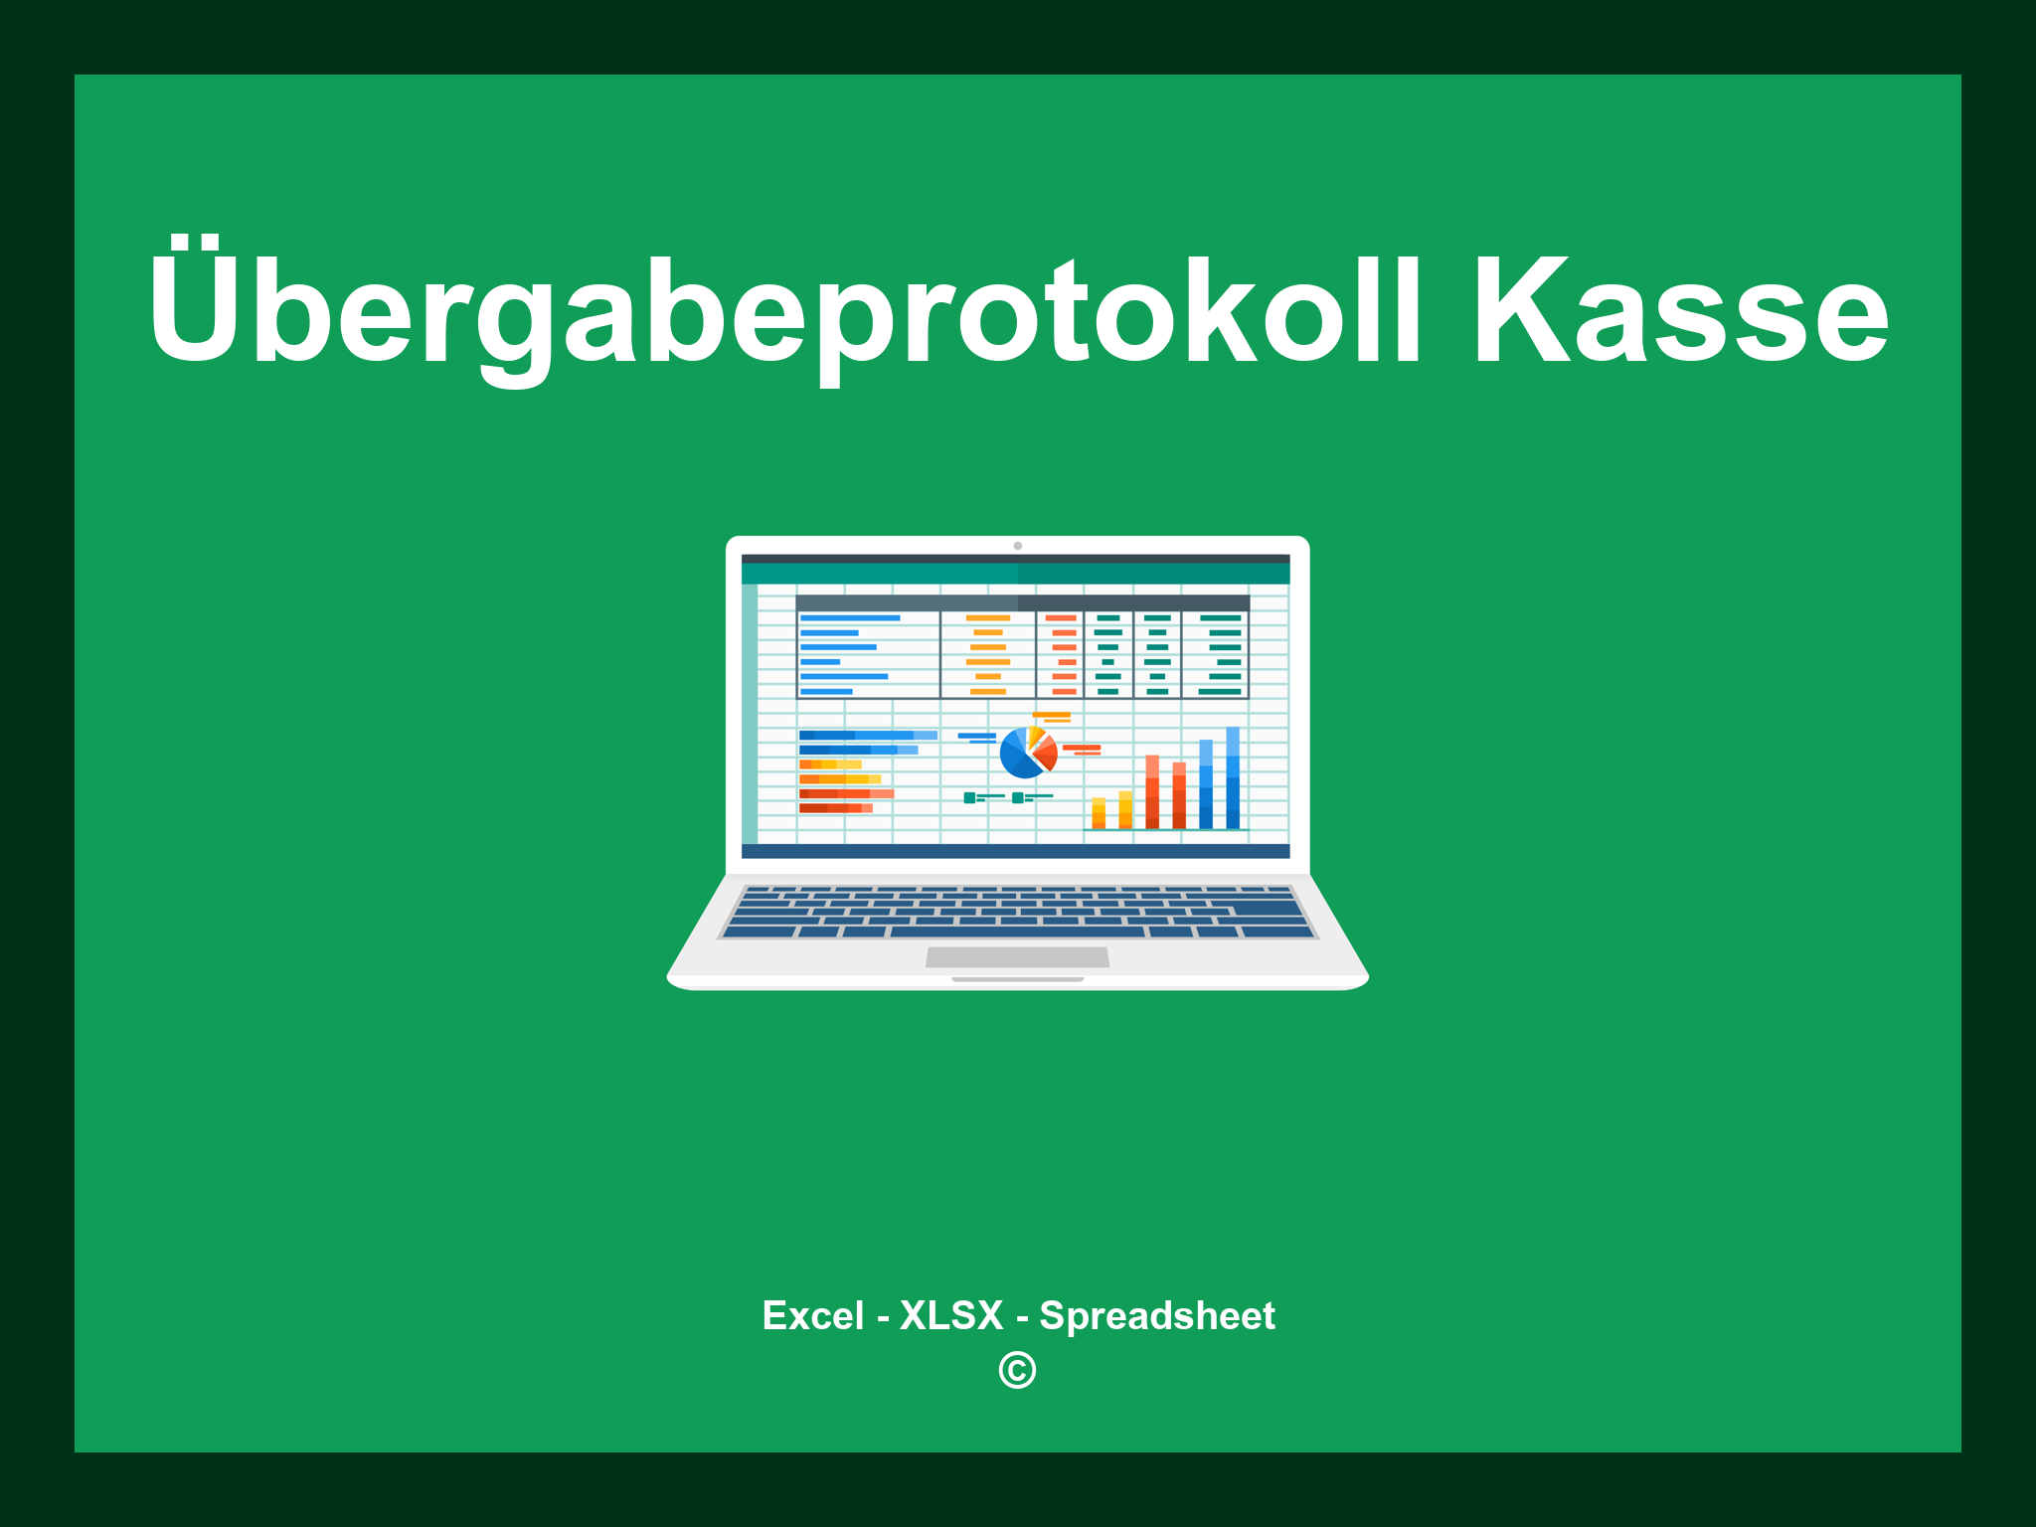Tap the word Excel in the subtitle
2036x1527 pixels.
[812, 1315]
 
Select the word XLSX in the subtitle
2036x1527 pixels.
[951, 1315]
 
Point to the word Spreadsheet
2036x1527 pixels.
[1156, 1315]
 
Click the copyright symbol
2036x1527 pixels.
[1017, 1371]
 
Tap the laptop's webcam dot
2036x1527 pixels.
[1017, 546]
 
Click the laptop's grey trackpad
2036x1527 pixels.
[1017, 956]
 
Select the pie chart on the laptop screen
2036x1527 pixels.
[1027, 753]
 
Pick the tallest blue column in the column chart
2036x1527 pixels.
[1233, 777]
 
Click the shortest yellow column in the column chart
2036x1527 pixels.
[1099, 812]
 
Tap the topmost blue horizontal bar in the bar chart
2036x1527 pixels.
[867, 735]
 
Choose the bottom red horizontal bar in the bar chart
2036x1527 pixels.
[835, 808]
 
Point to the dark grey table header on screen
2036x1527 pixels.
[1022, 602]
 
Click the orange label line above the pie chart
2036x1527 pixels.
[1051, 715]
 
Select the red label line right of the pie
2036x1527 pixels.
[1081, 748]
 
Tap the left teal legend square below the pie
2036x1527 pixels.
[969, 797]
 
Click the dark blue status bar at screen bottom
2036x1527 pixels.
[1015, 851]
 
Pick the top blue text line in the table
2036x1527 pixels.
[850, 617]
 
